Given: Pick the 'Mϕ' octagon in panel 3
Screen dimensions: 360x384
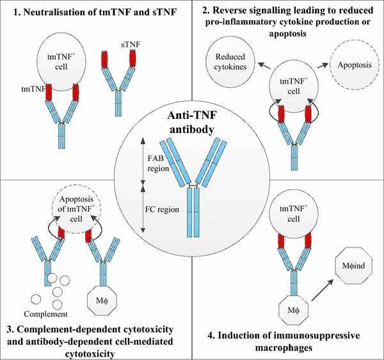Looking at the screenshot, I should coord(103,296).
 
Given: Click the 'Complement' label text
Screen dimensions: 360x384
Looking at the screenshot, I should coord(45,314).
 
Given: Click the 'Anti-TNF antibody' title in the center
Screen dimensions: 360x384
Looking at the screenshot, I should coord(191,121).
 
